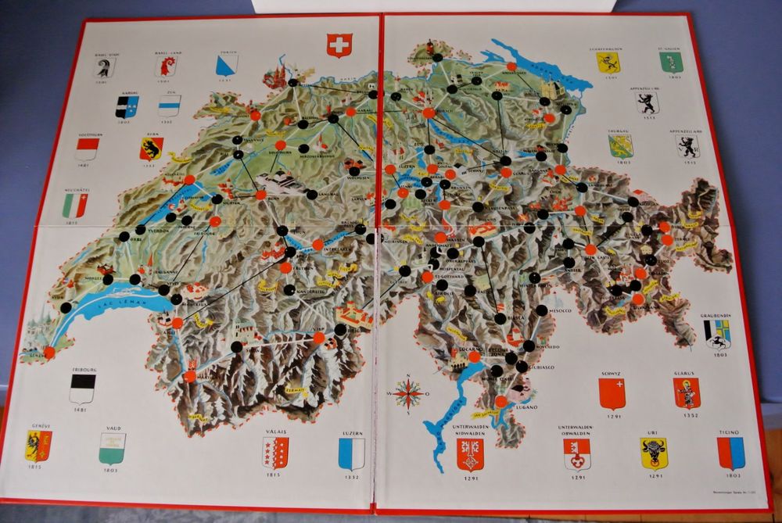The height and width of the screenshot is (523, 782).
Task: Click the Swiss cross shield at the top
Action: tap(339, 45)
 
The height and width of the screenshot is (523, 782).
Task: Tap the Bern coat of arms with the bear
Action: tap(151, 149)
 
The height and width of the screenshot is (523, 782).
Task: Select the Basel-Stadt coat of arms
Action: tap(104, 68)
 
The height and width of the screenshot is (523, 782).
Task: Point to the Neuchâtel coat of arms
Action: tap(75, 205)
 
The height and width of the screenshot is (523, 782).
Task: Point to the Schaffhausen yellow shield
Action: tap(608, 63)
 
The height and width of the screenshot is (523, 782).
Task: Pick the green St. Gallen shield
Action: tap(671, 62)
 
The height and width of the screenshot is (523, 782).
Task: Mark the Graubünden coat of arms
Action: tap(716, 333)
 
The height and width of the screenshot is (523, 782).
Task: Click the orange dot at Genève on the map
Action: tap(49, 353)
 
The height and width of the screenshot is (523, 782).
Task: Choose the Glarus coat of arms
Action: tap(687, 392)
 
